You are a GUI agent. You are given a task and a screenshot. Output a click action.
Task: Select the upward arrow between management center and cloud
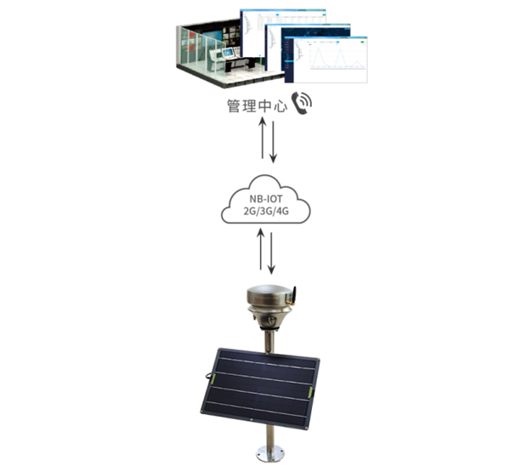coord(263,141)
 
